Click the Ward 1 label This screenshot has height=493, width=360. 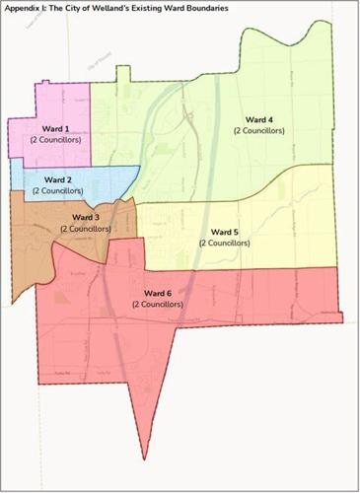coord(55,129)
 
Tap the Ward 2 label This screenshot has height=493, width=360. coord(56,180)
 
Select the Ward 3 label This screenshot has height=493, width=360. coord(85,217)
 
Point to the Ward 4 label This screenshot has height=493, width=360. coord(257,120)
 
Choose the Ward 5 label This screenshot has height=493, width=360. coord(225,232)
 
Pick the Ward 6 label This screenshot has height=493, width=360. coord(158,294)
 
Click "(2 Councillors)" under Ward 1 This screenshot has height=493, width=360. coord(55,140)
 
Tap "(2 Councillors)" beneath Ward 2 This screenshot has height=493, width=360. coord(57,191)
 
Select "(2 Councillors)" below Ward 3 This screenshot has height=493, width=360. coord(87,228)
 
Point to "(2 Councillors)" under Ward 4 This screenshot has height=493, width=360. coord(258,131)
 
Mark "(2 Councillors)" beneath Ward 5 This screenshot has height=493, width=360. coord(226,243)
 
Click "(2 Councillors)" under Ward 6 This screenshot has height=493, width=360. coord(159,305)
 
